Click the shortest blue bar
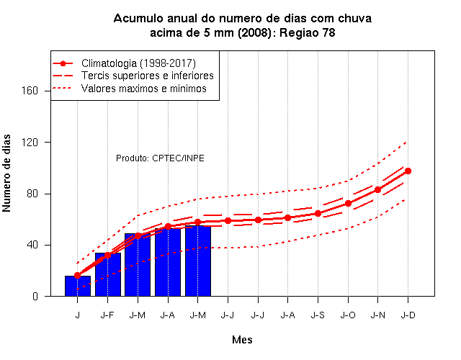[78, 286]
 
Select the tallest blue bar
[198, 261]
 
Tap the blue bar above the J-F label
[108, 274]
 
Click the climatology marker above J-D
[408, 171]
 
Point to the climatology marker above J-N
[377, 190]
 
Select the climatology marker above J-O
[348, 203]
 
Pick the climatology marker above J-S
[318, 214]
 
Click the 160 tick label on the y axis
[30, 91]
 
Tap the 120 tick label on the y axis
[30, 143]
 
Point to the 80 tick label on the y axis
[32, 194]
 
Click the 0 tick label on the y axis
[35, 296]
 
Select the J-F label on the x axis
[107, 315]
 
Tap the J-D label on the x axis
[408, 315]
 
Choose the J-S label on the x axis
[318, 315]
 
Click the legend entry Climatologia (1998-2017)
[138, 63]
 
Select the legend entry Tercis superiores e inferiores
[147, 76]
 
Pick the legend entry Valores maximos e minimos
[144, 89]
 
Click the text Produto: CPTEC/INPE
[160, 158]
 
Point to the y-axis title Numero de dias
[6, 174]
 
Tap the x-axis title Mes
[242, 340]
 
